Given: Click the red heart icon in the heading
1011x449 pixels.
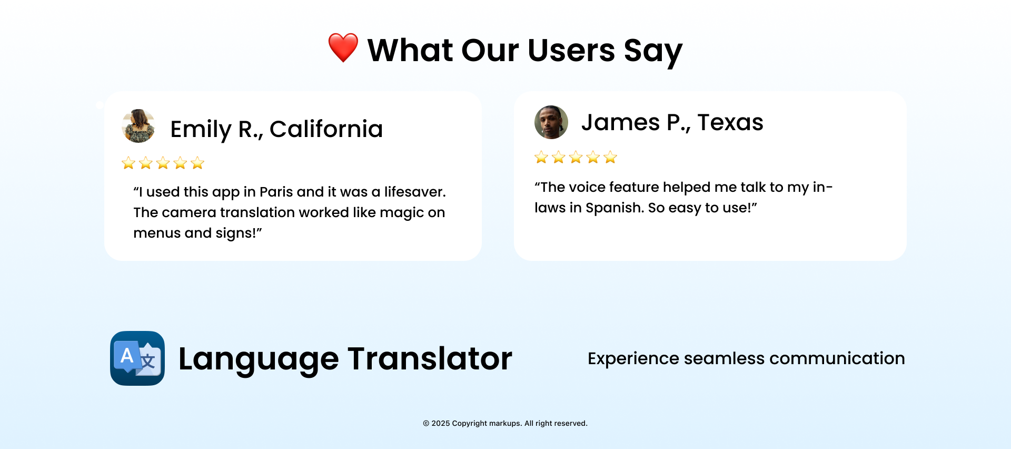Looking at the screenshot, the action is (343, 47).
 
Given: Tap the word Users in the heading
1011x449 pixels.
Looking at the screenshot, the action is (571, 51).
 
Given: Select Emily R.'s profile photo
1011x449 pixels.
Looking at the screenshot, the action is (138, 126).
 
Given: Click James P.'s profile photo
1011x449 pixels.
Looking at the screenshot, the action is (551, 122).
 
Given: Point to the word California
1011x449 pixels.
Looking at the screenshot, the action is (326, 129).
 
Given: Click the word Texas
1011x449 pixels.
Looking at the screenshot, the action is (730, 122).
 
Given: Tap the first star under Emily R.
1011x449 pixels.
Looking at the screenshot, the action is (128, 163).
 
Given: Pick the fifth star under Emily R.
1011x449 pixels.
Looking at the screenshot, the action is (197, 163).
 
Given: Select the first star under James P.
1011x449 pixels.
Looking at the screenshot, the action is (541, 157).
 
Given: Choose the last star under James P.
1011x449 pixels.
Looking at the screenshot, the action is (610, 157).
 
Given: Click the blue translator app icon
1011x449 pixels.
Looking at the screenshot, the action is (137, 358).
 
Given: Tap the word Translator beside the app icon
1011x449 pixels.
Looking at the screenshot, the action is (430, 359).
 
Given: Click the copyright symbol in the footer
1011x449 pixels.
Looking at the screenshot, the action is (426, 423).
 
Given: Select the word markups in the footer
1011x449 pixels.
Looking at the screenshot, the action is (504, 424).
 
